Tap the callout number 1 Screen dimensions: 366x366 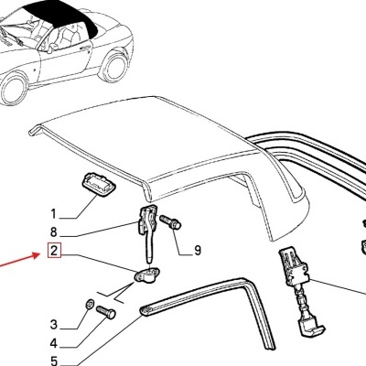pos(54,214)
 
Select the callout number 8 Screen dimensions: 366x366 pos(54,232)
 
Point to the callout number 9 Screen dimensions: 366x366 pos(198,251)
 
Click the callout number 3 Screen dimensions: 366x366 pos(54,324)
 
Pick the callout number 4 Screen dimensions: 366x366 pos(54,344)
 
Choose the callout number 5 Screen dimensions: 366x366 pos(54,361)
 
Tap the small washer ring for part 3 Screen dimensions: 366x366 pos(90,304)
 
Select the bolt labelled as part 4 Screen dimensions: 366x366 pos(106,312)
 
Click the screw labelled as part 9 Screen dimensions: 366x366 pos(170,222)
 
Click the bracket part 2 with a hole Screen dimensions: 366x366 pos(147,274)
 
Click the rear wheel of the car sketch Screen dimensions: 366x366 pos(113,67)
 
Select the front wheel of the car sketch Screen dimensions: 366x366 pos(13,88)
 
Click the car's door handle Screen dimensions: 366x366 pos(85,48)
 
